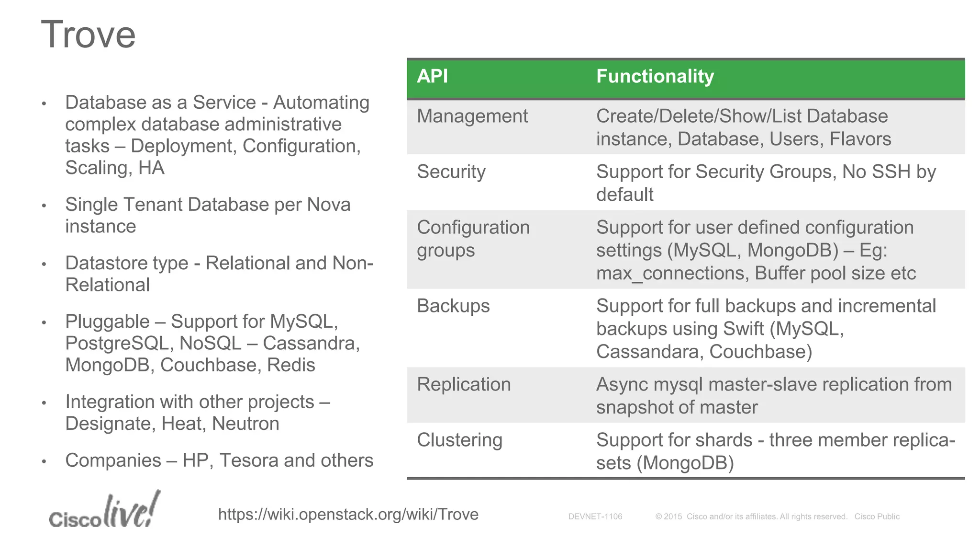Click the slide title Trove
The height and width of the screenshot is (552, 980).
click(89, 34)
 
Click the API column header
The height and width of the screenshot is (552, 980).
click(432, 76)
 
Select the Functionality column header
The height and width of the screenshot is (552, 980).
click(655, 76)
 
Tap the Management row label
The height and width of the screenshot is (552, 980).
click(472, 116)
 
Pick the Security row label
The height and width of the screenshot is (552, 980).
click(451, 172)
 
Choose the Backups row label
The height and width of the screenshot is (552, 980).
click(453, 306)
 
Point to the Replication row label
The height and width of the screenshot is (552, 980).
click(463, 385)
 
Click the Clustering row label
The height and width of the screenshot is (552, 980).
click(459, 440)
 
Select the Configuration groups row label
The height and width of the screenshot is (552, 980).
click(473, 239)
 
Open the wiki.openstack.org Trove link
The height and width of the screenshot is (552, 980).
click(348, 515)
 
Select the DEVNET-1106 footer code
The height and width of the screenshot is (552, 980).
click(595, 517)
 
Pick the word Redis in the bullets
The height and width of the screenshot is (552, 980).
click(291, 366)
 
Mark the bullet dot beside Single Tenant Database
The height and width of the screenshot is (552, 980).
click(44, 206)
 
